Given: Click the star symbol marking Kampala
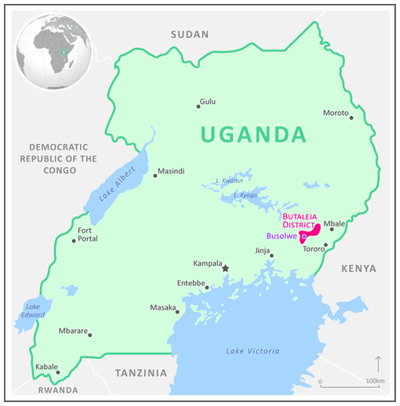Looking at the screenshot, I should (225, 269).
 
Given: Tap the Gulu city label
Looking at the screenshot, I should (208, 102).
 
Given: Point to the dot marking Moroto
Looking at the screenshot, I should (351, 118).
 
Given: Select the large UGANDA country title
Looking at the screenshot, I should (253, 135).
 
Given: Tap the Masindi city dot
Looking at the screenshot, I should (155, 176).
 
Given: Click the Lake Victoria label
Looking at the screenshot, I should (251, 350).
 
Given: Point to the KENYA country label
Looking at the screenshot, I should (358, 269).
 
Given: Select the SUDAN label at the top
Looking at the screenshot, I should (191, 34).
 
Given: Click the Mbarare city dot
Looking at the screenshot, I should (90, 335).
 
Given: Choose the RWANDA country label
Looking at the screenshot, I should (57, 390).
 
